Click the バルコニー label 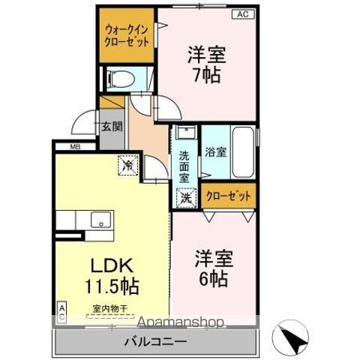pyautogui.click(x=155, y=342)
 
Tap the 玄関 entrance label pyautogui.click(x=112, y=126)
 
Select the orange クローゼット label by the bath pyautogui.click(x=229, y=196)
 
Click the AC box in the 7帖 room pyautogui.click(x=243, y=13)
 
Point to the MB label pyautogui.click(x=76, y=147)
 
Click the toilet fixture pyautogui.click(x=119, y=78)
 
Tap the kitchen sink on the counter pyautogui.click(x=97, y=220)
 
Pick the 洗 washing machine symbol pyautogui.click(x=184, y=199)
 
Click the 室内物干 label pyautogui.click(x=109, y=308)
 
